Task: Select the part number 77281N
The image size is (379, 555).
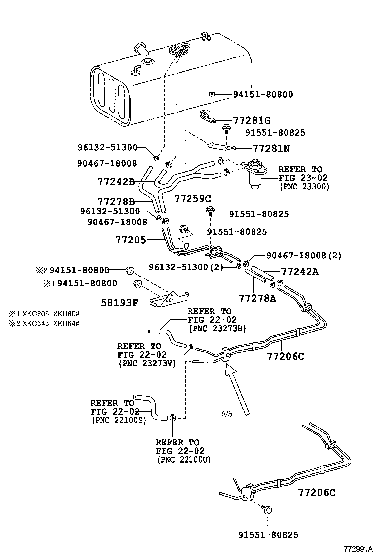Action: click(x=271, y=149)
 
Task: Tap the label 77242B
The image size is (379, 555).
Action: click(x=116, y=182)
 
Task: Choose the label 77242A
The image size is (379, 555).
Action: click(x=300, y=272)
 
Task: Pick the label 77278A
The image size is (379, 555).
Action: click(x=257, y=298)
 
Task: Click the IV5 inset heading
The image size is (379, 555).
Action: click(x=227, y=414)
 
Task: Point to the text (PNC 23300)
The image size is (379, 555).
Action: click(x=304, y=187)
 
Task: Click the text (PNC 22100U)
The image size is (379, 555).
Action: click(x=184, y=459)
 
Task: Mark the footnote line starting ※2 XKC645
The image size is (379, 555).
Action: click(x=44, y=323)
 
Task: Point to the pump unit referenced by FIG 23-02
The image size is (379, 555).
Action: click(x=255, y=175)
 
